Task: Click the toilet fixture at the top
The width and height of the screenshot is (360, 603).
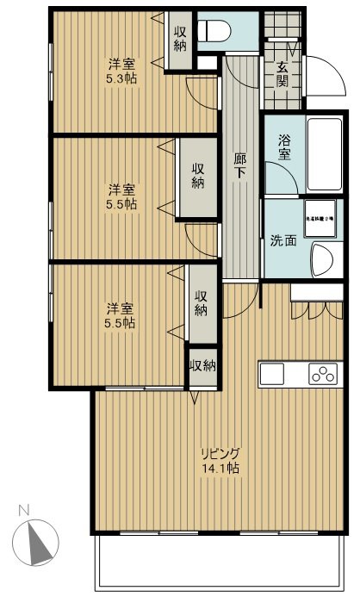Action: click(216, 31)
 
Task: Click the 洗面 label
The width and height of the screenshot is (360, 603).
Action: click(282, 242)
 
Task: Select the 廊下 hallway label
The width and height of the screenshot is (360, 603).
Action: click(242, 164)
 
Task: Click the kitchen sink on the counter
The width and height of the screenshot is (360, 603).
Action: click(272, 375)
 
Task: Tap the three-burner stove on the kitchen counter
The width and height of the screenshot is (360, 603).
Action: click(323, 375)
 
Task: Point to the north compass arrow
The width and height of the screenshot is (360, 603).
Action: click(36, 545)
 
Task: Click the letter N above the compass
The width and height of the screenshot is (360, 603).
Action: click(22, 510)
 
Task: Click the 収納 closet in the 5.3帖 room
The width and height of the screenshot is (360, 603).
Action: click(179, 39)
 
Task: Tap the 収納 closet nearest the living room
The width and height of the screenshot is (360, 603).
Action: click(202, 365)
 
